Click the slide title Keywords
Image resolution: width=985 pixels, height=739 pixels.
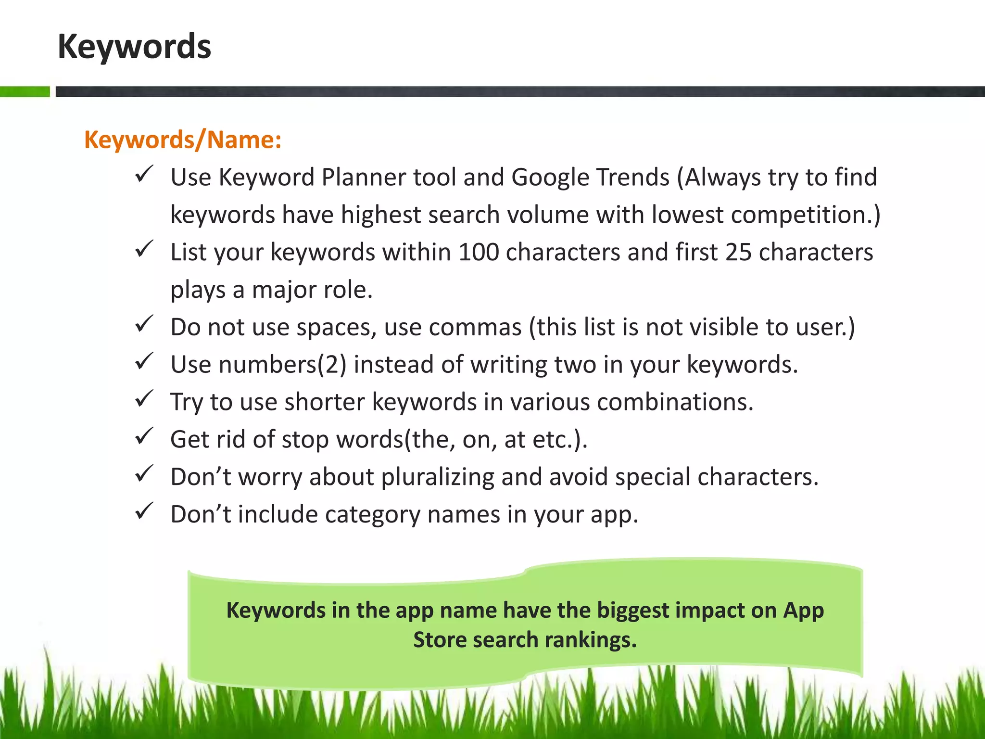134,47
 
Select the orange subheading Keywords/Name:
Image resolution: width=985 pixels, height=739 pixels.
182,140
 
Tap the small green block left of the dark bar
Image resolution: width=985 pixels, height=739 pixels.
25,91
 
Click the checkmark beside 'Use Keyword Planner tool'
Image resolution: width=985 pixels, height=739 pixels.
144,174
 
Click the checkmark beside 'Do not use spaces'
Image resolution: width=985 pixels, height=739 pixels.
144,324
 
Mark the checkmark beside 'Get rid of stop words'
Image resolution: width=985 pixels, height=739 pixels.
144,436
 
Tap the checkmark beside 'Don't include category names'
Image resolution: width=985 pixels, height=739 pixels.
144,511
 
